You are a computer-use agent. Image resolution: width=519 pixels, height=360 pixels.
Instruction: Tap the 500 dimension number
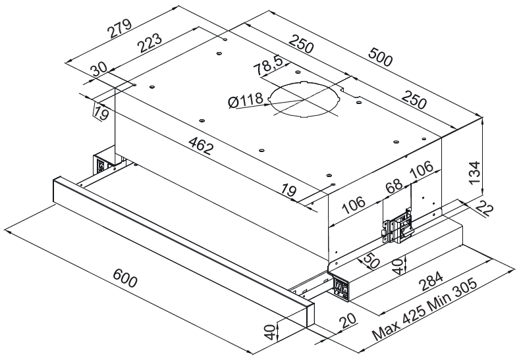(x=380, y=57)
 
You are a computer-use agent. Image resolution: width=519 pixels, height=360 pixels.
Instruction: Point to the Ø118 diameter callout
(x=246, y=100)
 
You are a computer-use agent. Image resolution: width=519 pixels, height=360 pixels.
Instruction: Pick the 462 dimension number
(x=201, y=145)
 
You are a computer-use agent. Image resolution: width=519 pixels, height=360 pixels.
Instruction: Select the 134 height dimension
(x=475, y=172)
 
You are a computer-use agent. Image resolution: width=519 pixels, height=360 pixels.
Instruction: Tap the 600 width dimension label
(x=124, y=278)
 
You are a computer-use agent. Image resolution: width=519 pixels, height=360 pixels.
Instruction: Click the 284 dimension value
(x=430, y=281)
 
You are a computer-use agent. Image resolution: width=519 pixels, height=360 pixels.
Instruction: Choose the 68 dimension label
(x=395, y=186)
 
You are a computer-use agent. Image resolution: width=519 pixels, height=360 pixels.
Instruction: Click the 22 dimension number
(x=484, y=209)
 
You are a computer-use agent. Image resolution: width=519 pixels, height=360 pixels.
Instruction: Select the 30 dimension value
(x=99, y=70)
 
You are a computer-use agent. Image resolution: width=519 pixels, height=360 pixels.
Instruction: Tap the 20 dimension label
(x=347, y=321)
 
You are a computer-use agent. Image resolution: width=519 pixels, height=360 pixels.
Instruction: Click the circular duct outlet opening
(x=304, y=98)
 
